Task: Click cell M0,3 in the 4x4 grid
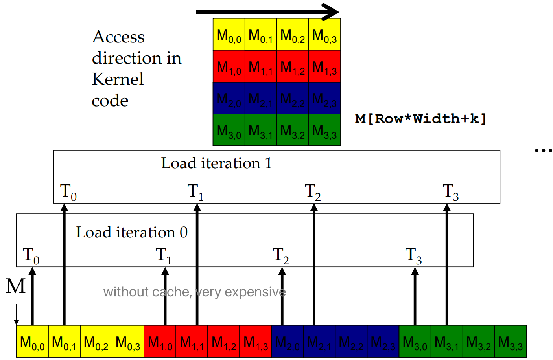pyautogui.click(x=324, y=35)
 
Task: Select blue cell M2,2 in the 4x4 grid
pyautogui.click(x=293, y=98)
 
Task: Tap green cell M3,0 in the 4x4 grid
pyautogui.click(x=229, y=130)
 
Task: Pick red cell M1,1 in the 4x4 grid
pyautogui.click(x=261, y=66)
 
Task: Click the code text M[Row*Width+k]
pyautogui.click(x=420, y=118)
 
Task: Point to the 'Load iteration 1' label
pyautogui.click(x=216, y=163)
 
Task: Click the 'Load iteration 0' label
pyautogui.click(x=132, y=232)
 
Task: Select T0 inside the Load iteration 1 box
pyautogui.click(x=68, y=192)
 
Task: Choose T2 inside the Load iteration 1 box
pyautogui.click(x=313, y=192)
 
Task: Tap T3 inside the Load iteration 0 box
pyautogui.click(x=413, y=255)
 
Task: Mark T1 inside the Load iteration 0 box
pyautogui.click(x=164, y=255)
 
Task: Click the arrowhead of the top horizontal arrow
pyautogui.click(x=330, y=11)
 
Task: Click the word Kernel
pyautogui.click(x=118, y=79)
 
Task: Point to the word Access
pyautogui.click(x=118, y=37)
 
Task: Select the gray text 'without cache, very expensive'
pyautogui.click(x=194, y=292)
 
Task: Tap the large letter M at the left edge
pyautogui.click(x=16, y=286)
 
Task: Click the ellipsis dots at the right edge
pyautogui.click(x=544, y=150)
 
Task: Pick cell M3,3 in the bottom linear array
pyautogui.click(x=510, y=342)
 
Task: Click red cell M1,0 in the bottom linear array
pyautogui.click(x=160, y=342)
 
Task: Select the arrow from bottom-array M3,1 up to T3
pyautogui.click(x=447, y=267)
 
